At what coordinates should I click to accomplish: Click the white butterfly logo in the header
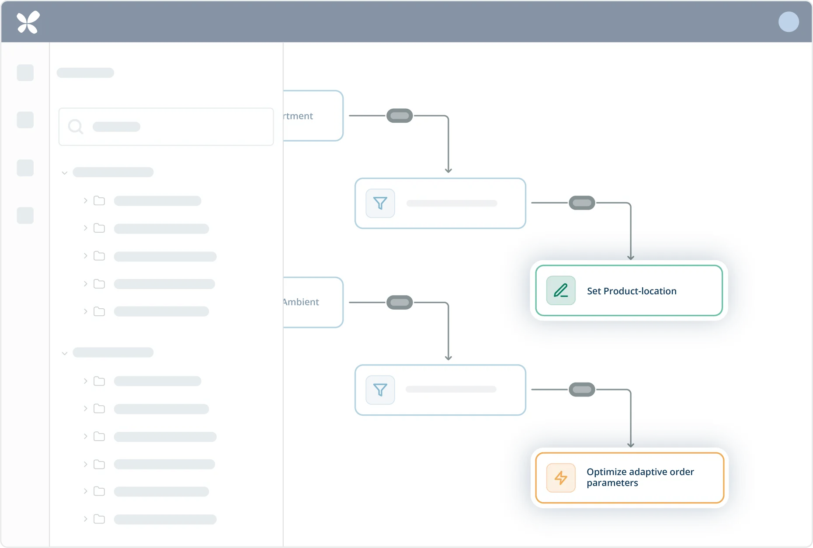(x=28, y=22)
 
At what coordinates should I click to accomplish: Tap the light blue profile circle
(x=789, y=22)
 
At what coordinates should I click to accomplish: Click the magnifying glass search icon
(x=76, y=127)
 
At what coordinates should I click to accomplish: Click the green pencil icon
(x=561, y=290)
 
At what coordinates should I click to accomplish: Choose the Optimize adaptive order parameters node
(x=629, y=478)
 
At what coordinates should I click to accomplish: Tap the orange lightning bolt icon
(x=561, y=478)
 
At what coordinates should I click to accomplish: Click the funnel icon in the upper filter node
(x=380, y=203)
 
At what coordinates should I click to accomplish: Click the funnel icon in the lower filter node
(x=380, y=389)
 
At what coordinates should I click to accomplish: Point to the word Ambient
(x=301, y=302)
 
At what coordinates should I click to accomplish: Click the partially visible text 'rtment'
(x=299, y=116)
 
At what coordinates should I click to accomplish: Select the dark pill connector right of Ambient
(x=400, y=302)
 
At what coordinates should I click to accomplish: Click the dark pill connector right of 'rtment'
(x=400, y=116)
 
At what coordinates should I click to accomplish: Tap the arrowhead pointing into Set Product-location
(x=631, y=257)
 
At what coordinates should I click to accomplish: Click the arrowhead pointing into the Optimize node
(x=631, y=445)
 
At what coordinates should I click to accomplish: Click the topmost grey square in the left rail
(x=25, y=73)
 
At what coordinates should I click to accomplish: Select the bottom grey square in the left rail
(x=25, y=215)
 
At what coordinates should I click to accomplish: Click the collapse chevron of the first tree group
(x=65, y=173)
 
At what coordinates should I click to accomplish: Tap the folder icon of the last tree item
(x=99, y=519)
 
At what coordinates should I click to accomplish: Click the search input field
(x=175, y=127)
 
